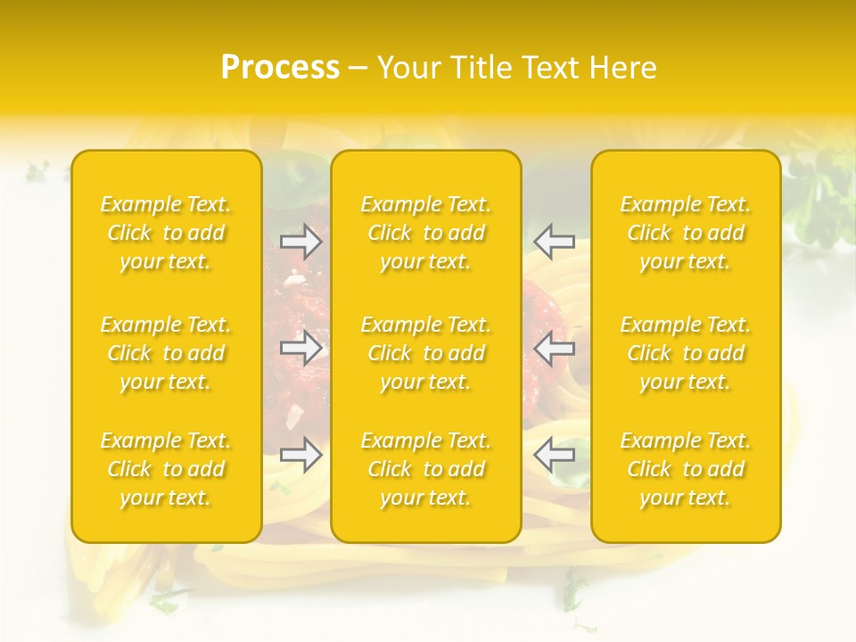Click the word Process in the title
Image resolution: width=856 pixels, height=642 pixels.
tap(280, 68)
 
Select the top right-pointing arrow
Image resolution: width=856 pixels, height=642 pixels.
tap(301, 241)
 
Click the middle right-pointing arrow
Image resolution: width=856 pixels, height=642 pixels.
tap(301, 349)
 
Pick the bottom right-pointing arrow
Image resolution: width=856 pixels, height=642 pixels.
tap(301, 456)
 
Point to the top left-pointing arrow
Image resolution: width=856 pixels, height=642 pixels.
tap(554, 241)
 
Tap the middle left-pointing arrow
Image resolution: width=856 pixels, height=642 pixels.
tap(554, 349)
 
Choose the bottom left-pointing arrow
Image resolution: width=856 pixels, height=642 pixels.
tap(554, 456)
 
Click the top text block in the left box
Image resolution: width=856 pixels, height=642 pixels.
tap(166, 233)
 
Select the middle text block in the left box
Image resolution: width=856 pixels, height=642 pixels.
tap(166, 353)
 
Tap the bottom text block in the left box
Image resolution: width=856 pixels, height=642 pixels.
tap(166, 469)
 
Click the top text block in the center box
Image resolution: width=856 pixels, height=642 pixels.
tap(426, 233)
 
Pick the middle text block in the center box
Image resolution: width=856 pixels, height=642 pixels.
tap(426, 353)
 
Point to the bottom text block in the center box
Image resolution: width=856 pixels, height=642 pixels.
tap(426, 469)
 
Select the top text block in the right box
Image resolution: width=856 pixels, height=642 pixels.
tap(686, 233)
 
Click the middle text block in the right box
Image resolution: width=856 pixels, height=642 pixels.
tap(686, 353)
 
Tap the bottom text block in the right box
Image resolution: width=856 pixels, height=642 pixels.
tap(686, 469)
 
